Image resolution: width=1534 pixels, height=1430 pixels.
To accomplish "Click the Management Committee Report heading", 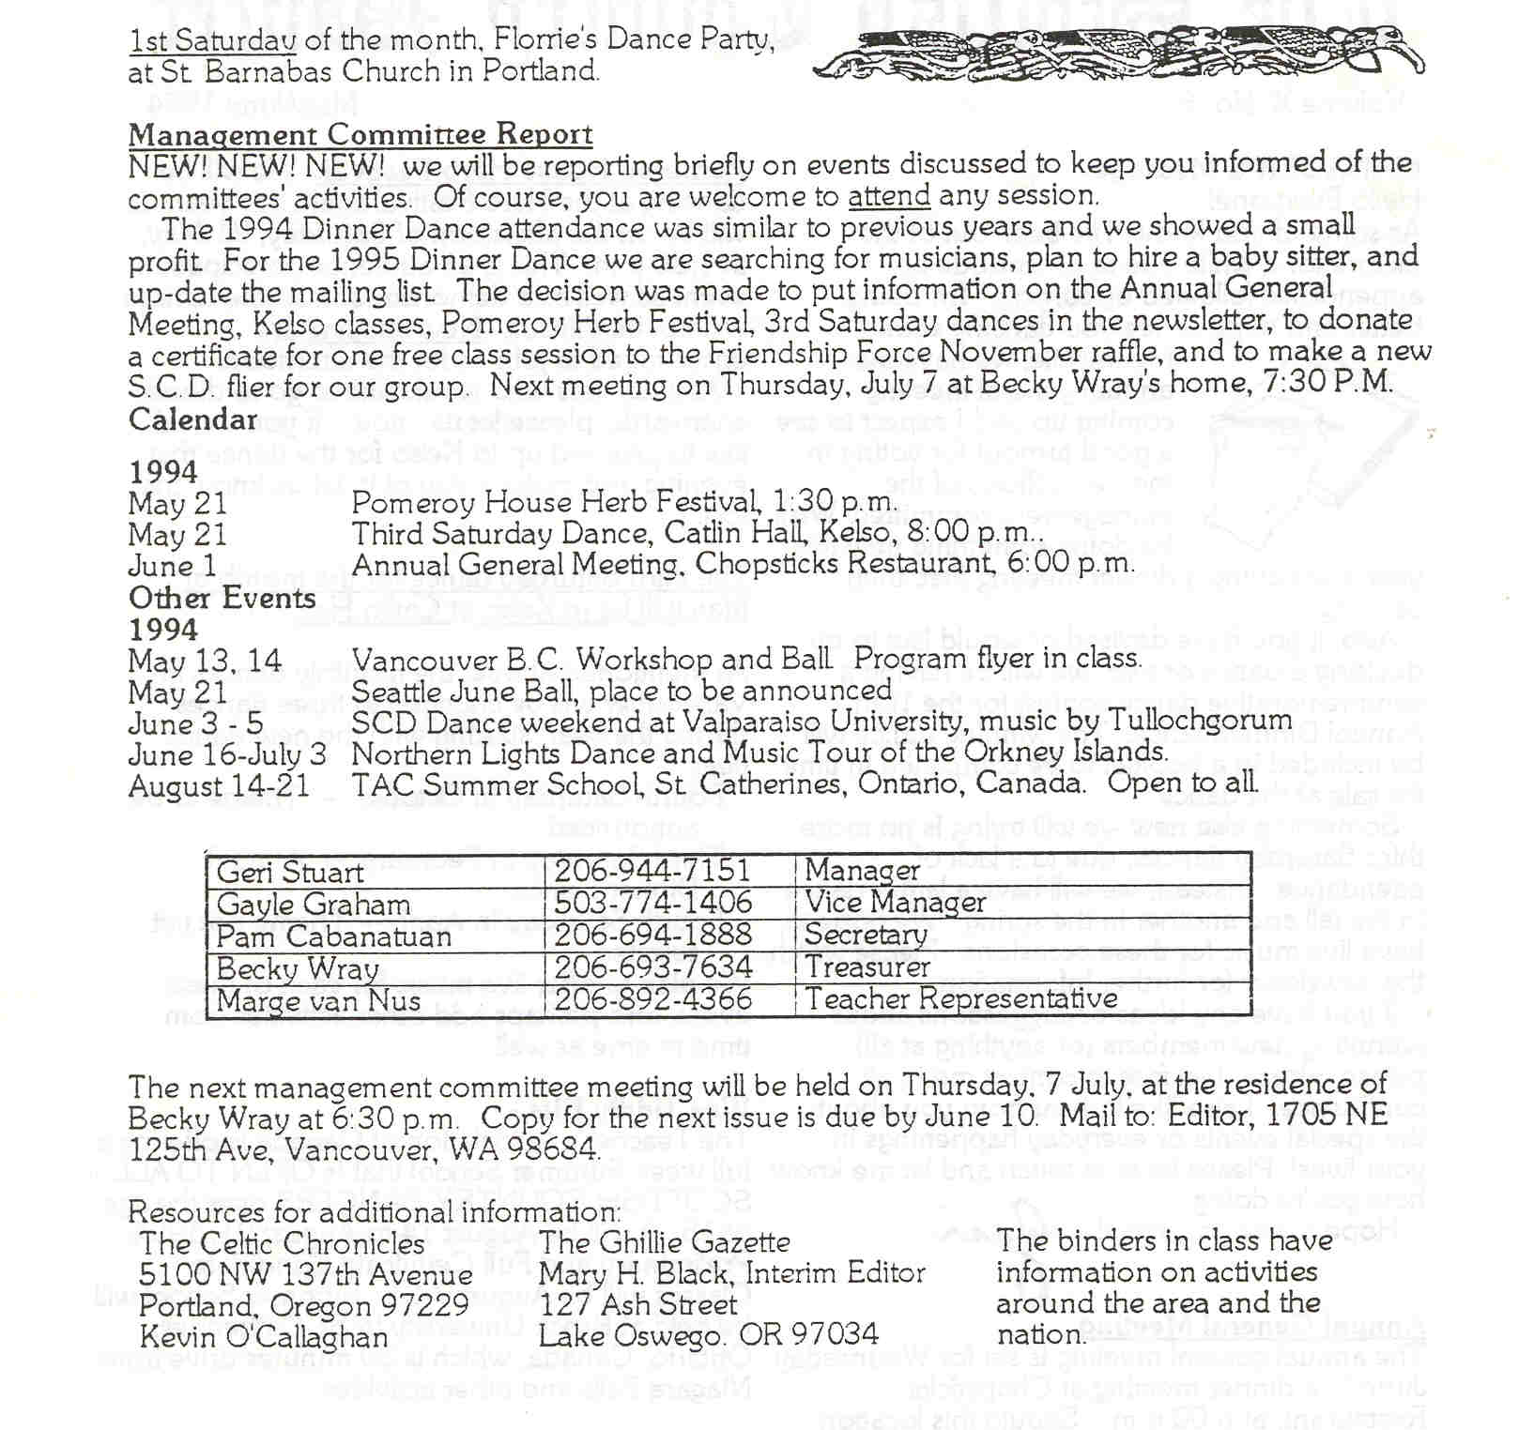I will (360, 135).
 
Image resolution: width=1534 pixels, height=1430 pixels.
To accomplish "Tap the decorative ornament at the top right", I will (1117, 54).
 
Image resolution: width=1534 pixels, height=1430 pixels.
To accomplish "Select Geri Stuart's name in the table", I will (289, 873).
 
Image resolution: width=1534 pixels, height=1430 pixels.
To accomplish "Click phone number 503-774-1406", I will (653, 904).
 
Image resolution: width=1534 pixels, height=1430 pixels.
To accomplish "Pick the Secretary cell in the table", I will (866, 936).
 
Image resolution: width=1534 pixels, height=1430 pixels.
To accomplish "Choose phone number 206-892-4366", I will (653, 998).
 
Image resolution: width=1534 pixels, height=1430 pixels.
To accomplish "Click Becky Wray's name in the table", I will (298, 968).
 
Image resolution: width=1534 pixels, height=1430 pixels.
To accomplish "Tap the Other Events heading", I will (222, 599).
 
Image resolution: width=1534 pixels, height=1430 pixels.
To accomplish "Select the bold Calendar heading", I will (192, 419).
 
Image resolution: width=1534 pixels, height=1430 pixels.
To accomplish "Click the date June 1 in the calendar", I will (173, 566).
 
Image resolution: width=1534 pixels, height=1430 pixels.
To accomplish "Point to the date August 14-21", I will (219, 785).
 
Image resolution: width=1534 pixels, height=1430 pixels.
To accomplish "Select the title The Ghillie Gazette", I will (665, 1243).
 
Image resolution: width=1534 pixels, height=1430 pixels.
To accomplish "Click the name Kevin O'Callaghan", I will (264, 1336).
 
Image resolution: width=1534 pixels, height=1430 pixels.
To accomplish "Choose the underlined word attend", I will (889, 196).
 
